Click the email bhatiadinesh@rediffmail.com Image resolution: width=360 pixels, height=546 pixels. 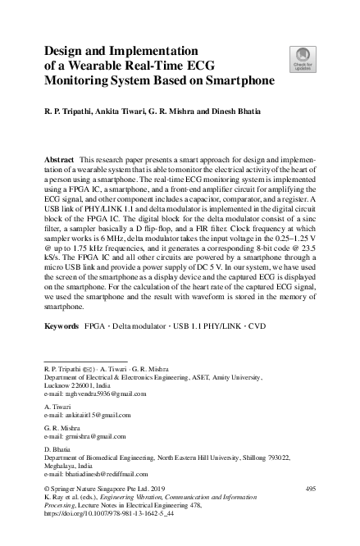pos(103,474)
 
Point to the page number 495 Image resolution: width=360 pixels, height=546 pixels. pos(310,489)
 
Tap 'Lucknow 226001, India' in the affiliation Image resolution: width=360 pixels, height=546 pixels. pos(76,385)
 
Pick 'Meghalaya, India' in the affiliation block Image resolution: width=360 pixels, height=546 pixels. pos(70,466)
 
